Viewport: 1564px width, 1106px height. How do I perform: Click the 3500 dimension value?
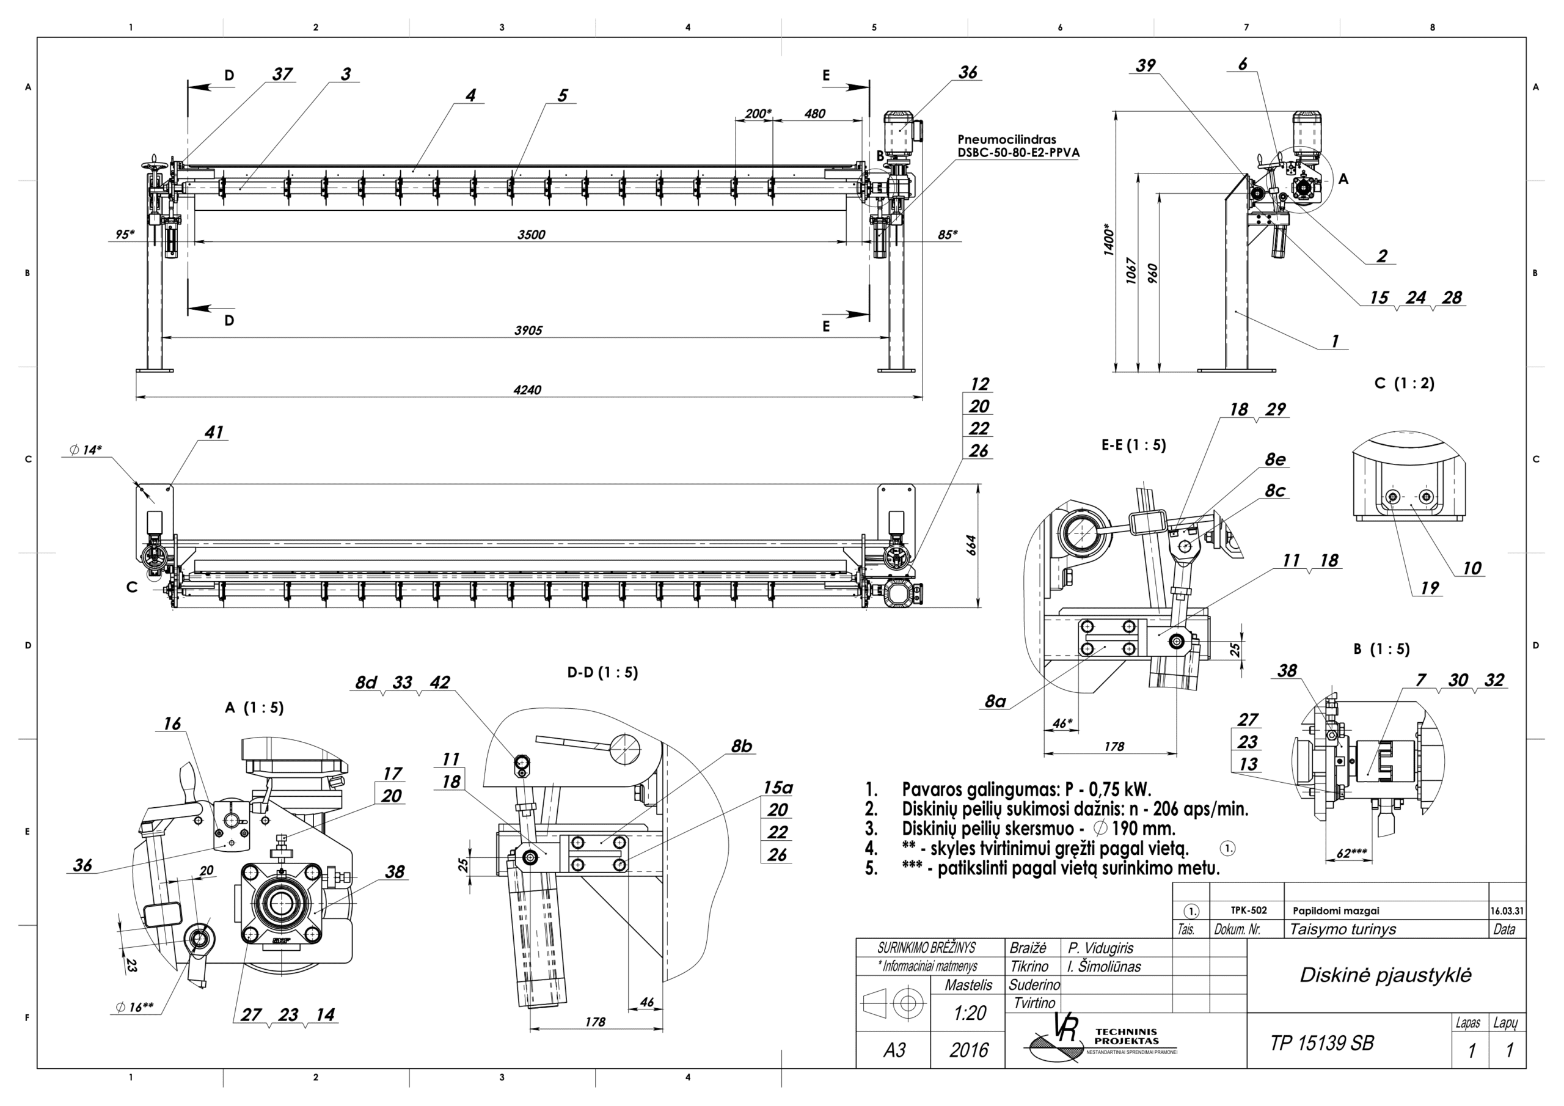point(531,235)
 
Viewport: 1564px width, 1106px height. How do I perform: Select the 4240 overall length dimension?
point(527,390)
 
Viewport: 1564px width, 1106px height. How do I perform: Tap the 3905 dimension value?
point(528,331)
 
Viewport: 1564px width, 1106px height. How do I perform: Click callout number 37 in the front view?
point(282,75)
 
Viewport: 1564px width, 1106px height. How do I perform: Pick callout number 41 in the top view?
point(214,432)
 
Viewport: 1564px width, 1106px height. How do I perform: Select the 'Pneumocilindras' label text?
point(1007,140)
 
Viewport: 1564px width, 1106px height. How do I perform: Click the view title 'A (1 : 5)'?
point(254,708)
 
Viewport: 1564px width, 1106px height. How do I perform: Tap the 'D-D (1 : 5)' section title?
point(602,673)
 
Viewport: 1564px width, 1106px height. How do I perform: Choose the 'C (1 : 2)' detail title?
point(1404,383)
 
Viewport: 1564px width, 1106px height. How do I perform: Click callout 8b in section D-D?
point(741,746)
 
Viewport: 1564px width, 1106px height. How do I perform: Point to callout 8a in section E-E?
point(995,701)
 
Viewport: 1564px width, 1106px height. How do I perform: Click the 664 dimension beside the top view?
point(972,545)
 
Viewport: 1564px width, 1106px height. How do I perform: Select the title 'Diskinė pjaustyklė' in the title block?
point(1385,975)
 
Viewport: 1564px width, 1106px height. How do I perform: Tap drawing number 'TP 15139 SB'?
point(1321,1043)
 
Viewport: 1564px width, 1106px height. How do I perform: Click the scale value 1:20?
point(970,1013)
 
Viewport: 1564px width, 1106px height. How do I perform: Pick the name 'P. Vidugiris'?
point(1100,948)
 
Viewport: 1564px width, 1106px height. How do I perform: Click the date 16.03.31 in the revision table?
point(1507,910)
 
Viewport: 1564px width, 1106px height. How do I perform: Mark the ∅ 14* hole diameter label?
point(86,450)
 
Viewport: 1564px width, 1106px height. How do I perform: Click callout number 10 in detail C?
point(1471,568)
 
